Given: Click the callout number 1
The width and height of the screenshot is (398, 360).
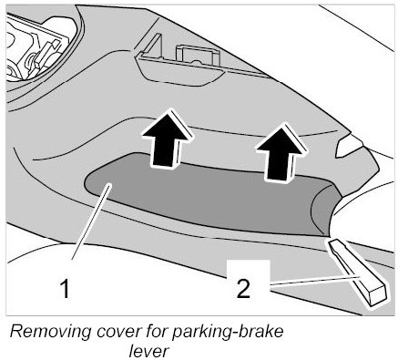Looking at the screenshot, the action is (x=65, y=289).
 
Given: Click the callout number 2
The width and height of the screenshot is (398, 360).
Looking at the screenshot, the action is (x=243, y=288).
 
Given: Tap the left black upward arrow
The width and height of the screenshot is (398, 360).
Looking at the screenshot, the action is (x=166, y=138).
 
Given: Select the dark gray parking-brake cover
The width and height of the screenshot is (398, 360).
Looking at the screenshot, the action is (x=209, y=194).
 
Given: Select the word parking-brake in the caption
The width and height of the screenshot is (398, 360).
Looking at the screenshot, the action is (x=227, y=333).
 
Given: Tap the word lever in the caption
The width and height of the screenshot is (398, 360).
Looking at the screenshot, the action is (x=148, y=351).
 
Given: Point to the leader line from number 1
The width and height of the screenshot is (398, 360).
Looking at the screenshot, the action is (x=90, y=223).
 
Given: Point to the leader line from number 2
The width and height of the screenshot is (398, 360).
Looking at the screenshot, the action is (x=314, y=281).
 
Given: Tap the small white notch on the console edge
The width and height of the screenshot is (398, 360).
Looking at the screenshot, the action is (x=349, y=146).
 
